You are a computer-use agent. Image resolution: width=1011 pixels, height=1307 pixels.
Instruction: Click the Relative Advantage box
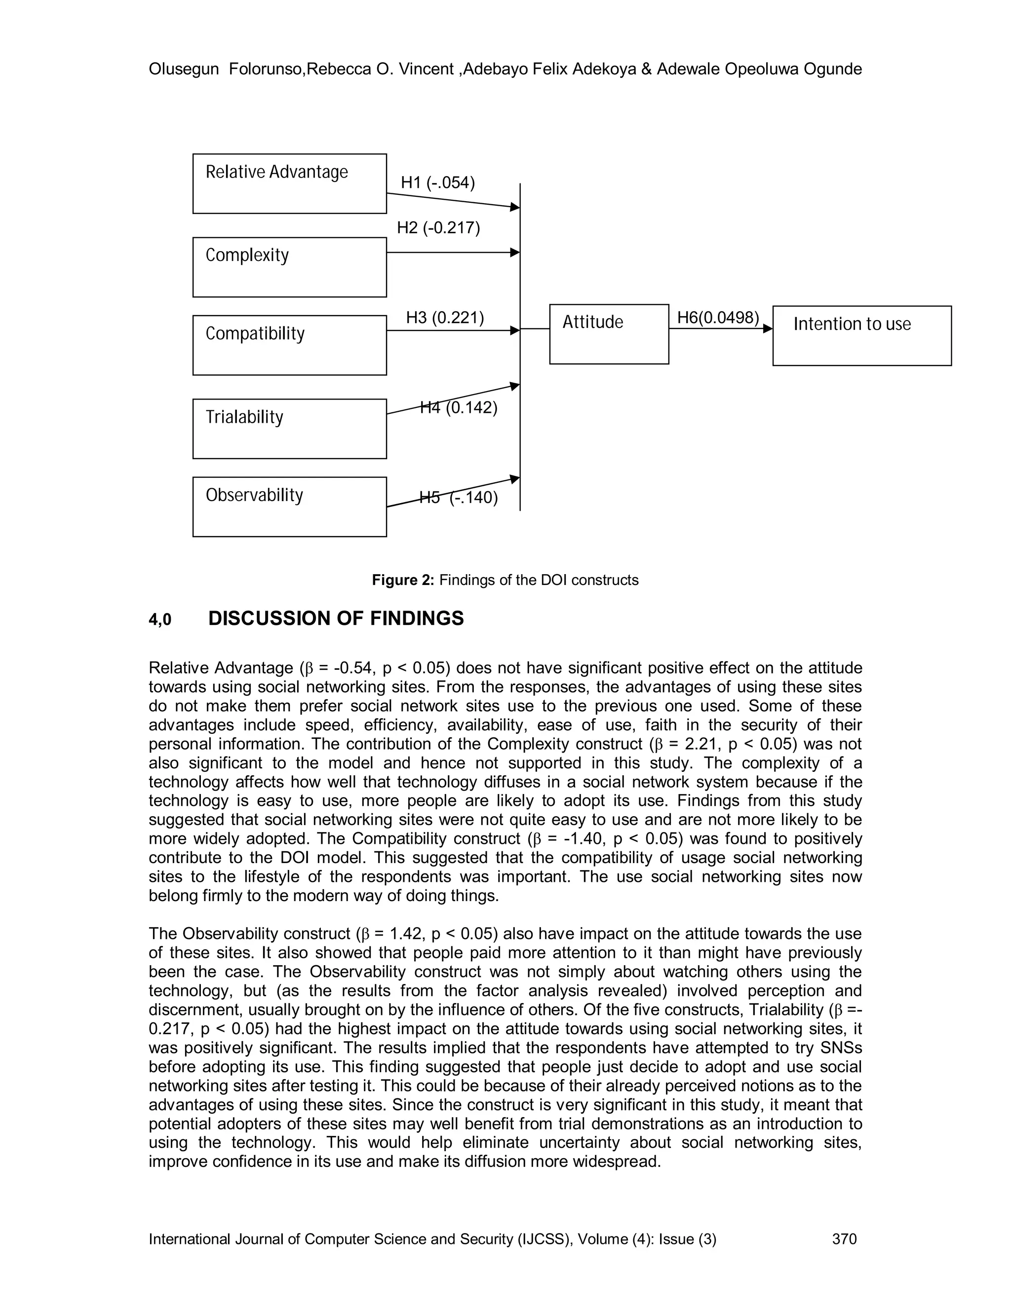(x=289, y=184)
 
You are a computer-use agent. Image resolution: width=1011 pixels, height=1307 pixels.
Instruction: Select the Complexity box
(x=289, y=267)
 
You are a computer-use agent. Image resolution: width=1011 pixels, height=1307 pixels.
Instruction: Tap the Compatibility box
(x=289, y=345)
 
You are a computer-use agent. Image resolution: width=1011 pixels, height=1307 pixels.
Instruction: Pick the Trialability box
(x=289, y=429)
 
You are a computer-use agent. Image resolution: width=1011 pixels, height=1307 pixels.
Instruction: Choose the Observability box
(x=289, y=507)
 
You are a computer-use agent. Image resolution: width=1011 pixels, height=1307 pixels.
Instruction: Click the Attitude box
(x=609, y=334)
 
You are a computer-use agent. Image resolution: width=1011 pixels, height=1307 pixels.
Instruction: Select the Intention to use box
(x=861, y=336)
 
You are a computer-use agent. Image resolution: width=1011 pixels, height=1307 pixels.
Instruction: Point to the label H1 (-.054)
(x=437, y=182)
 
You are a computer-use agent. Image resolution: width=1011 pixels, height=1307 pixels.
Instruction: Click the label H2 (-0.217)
(x=438, y=228)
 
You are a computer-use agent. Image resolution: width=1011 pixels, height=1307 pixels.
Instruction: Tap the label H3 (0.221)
(x=444, y=317)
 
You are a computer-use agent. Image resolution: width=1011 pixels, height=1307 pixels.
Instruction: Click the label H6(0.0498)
(x=717, y=317)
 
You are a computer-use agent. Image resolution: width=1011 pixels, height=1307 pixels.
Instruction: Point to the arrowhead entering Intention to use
(x=768, y=328)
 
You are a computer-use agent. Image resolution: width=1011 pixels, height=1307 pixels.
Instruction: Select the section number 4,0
(x=160, y=620)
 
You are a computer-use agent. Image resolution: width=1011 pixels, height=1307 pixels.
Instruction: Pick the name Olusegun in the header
(x=183, y=70)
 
